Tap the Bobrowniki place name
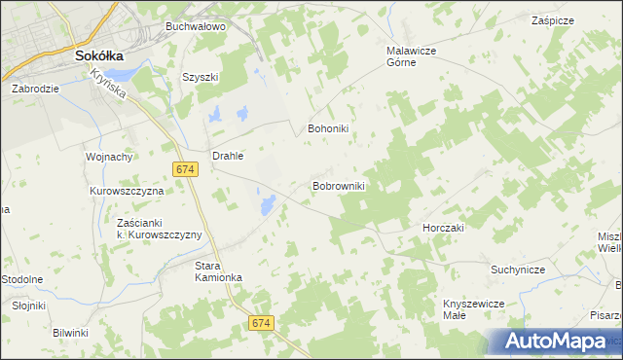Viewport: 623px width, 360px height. point(338,185)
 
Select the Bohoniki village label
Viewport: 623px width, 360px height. point(328,127)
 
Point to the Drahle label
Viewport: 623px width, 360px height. point(227,155)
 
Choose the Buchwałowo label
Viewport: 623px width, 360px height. point(195,26)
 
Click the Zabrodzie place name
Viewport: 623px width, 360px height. point(36,88)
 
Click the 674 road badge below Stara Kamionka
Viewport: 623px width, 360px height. point(259,322)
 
